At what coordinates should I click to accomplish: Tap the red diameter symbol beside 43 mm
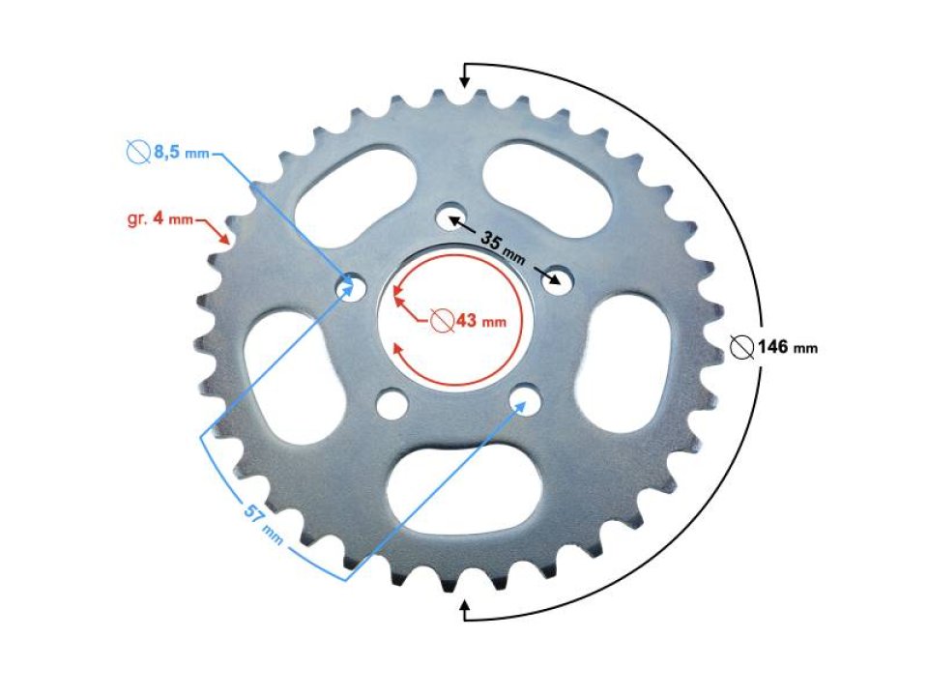click(441, 321)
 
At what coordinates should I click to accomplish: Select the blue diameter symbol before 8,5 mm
click(137, 153)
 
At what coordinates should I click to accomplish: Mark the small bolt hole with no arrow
click(391, 402)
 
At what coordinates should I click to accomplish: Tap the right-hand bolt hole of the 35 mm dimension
click(557, 281)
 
